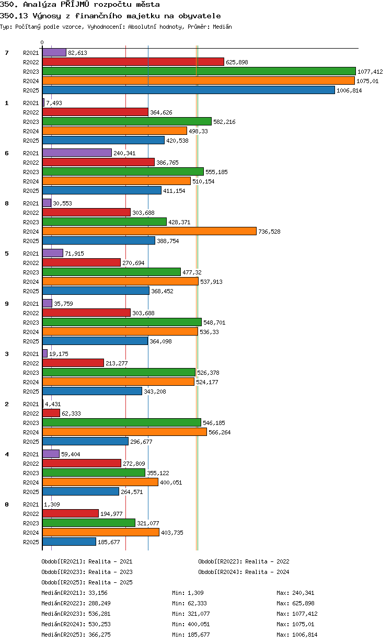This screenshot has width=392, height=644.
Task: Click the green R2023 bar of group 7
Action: pos(199,71)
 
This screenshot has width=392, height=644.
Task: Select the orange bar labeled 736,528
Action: pos(149,231)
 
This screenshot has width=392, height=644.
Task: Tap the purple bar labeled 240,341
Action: pos(77,153)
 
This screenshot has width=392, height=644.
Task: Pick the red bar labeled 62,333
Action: pos(51,413)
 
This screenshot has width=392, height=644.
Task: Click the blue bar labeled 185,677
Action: pos(69,542)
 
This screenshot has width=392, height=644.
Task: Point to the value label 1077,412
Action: pos(370,72)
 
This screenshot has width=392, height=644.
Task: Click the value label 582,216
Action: pos(224,122)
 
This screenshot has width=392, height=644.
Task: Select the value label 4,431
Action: pos(53,404)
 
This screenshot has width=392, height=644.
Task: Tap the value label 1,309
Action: pos(52,504)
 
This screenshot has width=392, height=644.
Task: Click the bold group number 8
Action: pos(7,203)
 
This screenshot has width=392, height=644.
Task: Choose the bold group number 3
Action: pos(7,354)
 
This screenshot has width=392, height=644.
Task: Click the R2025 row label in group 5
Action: pos(31,291)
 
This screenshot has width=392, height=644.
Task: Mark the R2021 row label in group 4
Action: pos(31,454)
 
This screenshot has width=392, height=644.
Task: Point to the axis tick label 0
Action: pos(42,42)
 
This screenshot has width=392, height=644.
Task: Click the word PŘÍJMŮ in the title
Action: pos(75,4)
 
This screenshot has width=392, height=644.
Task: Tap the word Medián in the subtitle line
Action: pos(222,27)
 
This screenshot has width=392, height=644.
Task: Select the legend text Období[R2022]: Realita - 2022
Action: pos(244,561)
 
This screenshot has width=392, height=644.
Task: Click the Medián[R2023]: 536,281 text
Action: pos(76,614)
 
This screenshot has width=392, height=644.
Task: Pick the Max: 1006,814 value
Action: pos(297,635)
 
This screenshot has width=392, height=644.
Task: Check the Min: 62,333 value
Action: pos(189,603)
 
